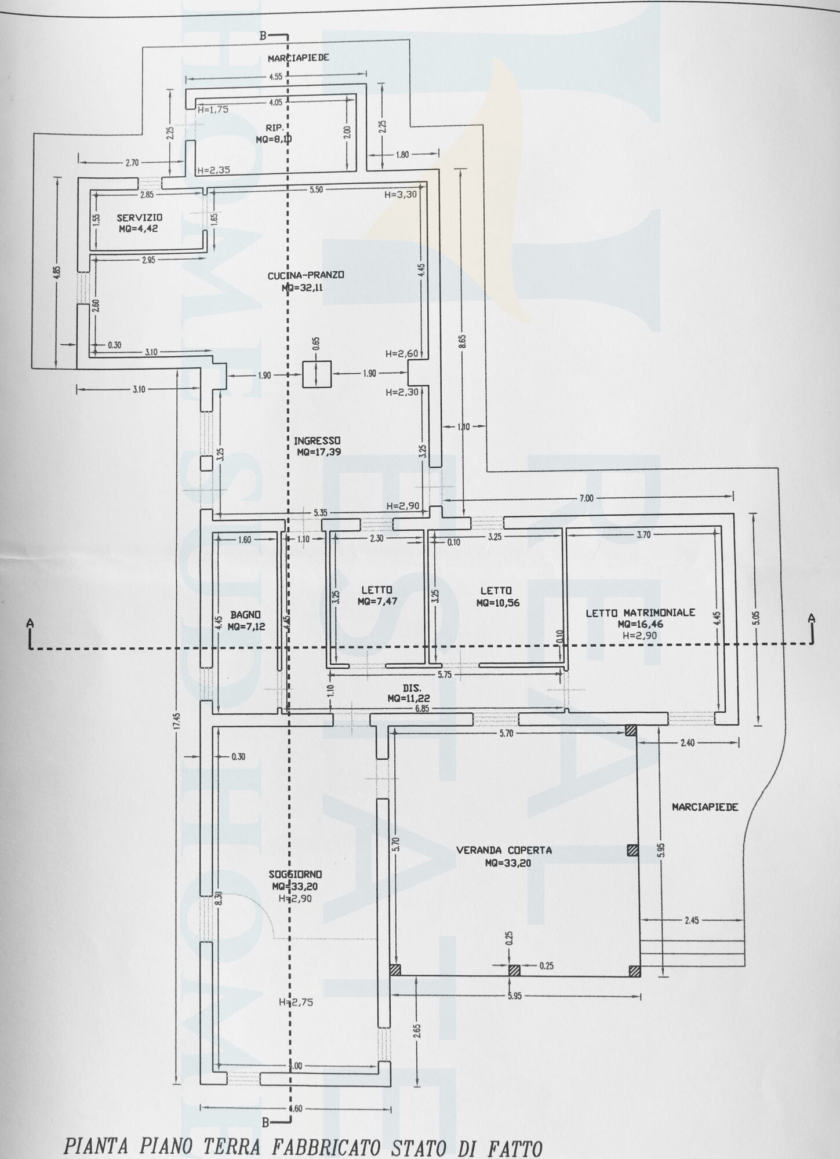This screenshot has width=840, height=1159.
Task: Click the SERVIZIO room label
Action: pos(139,218)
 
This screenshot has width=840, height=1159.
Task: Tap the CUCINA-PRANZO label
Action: pos(306,276)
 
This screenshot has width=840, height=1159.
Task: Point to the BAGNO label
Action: pos(245,614)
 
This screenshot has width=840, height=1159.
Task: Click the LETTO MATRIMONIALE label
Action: pos(640,613)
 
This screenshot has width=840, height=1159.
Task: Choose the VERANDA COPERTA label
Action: pos(504,851)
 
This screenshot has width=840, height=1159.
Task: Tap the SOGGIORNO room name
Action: pos(296,874)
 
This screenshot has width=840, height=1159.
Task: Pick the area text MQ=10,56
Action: pos(498,602)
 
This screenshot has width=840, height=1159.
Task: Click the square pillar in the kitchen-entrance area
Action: pos(317,374)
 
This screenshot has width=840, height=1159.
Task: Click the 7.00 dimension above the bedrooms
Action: pos(587,498)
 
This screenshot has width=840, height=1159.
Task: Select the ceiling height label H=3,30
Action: pos(401,195)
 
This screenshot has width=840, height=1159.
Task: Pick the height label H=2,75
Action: pos(296,1001)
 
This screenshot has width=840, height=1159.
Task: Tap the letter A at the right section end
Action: pos(812,618)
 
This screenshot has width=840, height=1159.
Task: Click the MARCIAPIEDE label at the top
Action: pos(299,58)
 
